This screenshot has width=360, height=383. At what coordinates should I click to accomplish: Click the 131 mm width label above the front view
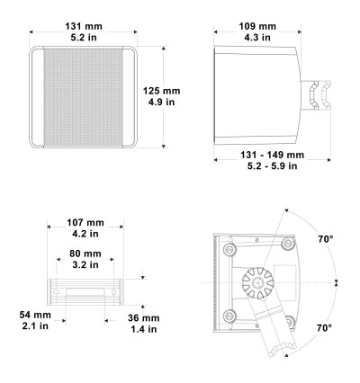[84, 26]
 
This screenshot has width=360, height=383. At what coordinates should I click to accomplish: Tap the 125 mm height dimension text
[161, 91]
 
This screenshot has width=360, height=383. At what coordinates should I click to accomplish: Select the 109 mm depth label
[257, 26]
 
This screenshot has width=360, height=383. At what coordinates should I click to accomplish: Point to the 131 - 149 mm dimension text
[272, 155]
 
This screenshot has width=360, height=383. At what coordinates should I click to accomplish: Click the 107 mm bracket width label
[85, 223]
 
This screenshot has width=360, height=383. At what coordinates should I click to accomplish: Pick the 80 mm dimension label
[85, 254]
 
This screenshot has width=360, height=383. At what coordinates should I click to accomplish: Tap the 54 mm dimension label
[35, 315]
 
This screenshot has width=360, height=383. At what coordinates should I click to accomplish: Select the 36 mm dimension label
[144, 318]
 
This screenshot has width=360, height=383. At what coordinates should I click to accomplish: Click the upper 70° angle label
[326, 239]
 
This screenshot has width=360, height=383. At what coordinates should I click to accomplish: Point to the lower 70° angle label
[325, 328]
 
